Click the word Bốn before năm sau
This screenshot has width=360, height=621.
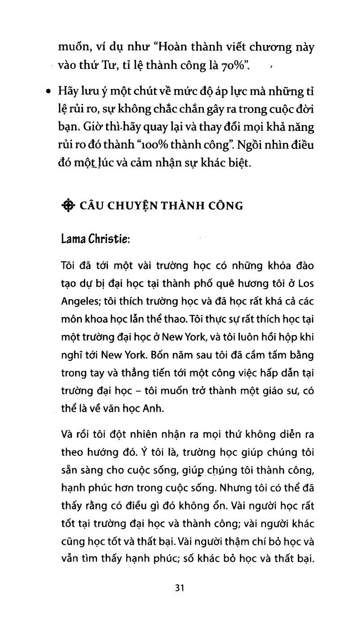[x=149, y=355]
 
